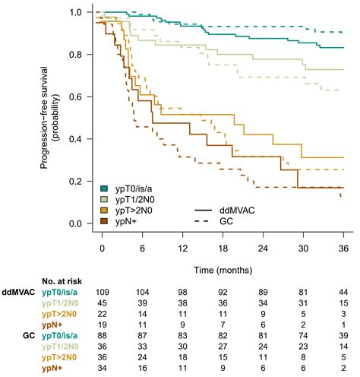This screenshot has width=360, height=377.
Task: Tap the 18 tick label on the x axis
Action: pos(223,249)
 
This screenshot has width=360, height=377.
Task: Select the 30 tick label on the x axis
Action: pos(303,249)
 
